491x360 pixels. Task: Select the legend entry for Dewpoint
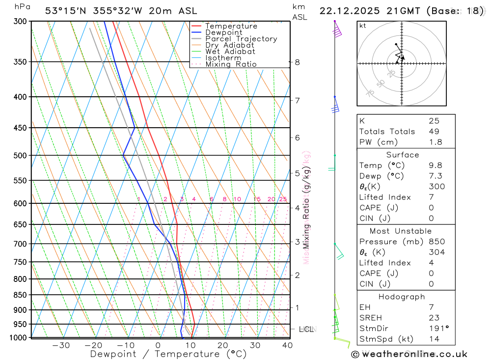[224, 32]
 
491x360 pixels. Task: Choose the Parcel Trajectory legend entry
[241, 39]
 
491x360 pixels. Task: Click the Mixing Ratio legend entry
[231, 64]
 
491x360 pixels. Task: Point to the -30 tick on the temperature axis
[61, 345]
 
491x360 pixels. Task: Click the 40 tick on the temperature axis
[287, 345]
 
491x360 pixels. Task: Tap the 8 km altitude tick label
[297, 62]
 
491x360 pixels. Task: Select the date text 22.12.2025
[347, 11]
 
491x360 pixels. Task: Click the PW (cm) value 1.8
[436, 142]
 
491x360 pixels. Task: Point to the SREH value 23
[434, 318]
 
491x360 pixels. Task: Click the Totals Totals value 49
[434, 132]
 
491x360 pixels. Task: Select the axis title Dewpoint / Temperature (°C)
[168, 354]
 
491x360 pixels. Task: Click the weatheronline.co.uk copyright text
[409, 354]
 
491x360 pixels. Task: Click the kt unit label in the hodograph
[363, 26]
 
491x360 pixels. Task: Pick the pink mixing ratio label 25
[283, 199]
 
